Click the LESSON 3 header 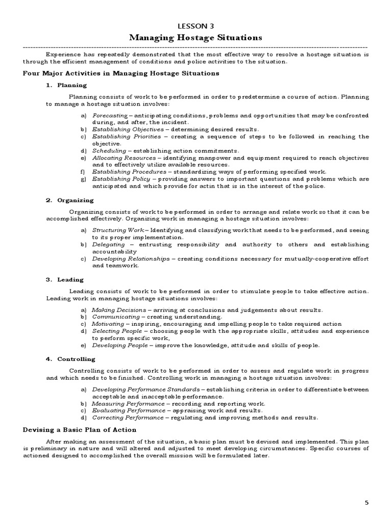(195, 26)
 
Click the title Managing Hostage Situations (195, 38)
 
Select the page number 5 (366, 502)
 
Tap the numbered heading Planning (72, 85)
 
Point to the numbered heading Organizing (75, 200)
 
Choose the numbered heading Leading (70, 280)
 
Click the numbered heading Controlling (76, 359)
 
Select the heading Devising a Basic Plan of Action (80, 430)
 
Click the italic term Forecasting (109, 116)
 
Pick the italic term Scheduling (109, 151)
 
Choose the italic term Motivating (108, 324)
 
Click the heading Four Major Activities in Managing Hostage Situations (121, 73)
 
